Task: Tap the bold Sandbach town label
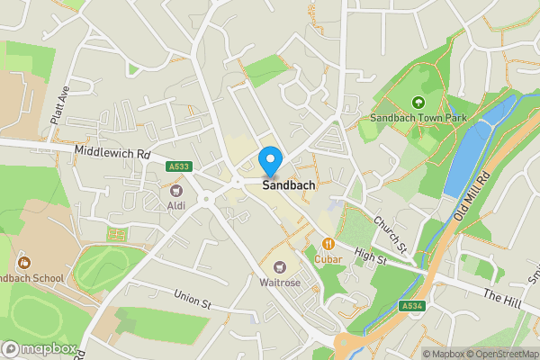coord(289,186)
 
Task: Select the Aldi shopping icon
coord(176,192)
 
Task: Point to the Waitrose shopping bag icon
coord(281,266)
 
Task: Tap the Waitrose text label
coord(281,283)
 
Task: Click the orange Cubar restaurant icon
coord(329,243)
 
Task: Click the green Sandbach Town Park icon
coord(417,103)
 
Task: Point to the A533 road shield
coord(179,165)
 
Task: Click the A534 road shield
coord(412,306)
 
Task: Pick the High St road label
coord(369,257)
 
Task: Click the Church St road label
coord(391,234)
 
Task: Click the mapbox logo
coord(39,348)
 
